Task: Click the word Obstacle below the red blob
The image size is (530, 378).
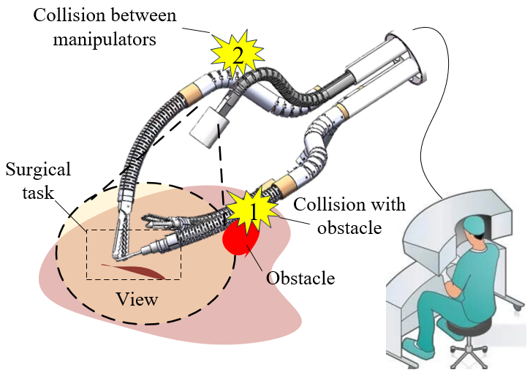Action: click(x=300, y=278)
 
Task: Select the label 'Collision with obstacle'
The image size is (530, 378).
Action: click(x=349, y=216)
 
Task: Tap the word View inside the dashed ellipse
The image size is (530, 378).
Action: click(x=140, y=299)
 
